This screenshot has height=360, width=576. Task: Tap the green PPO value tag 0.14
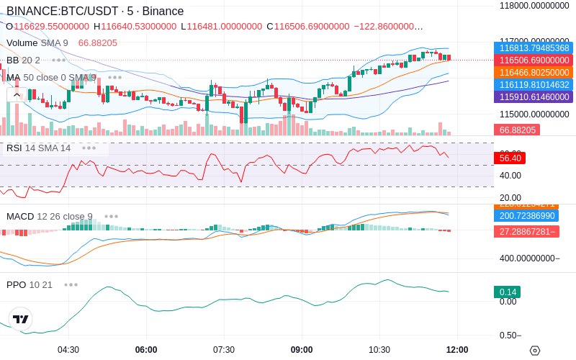pos(507,292)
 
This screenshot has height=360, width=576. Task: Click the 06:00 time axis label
pos(146,350)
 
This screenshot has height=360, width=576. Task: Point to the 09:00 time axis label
pos(302,350)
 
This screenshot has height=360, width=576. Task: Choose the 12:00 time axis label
pos(457,350)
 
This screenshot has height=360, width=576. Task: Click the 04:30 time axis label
pos(68,350)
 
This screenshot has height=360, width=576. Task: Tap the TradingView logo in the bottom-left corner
pos(21,319)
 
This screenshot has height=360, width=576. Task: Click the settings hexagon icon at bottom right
pos(534,351)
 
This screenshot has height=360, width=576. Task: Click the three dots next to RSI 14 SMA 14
pos(89,148)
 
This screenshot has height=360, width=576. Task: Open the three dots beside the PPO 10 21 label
pos(71,284)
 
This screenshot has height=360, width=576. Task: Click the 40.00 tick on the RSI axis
pos(510,175)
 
